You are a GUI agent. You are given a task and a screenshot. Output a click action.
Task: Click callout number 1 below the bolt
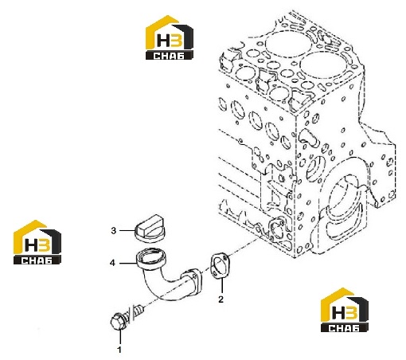[x=119, y=350]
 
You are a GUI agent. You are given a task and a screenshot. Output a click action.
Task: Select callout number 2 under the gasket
[x=221, y=299]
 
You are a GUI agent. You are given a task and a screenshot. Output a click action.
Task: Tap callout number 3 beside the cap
[x=114, y=230]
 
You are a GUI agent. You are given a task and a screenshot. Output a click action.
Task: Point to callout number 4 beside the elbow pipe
[x=112, y=263]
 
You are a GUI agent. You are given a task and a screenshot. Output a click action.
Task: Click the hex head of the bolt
[x=117, y=322]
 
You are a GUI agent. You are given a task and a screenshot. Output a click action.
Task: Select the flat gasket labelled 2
[x=220, y=267]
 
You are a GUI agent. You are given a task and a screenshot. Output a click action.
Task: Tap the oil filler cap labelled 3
[x=150, y=228]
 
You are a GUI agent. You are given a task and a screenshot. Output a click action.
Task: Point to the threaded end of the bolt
[x=139, y=310]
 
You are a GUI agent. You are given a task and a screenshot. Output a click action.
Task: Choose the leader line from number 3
[x=127, y=230]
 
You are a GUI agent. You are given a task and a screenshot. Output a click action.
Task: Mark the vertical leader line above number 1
[x=120, y=337]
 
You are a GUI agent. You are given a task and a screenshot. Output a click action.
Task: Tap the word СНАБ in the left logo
[x=37, y=260]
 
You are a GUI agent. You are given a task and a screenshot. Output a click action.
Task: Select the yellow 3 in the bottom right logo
[x=352, y=312]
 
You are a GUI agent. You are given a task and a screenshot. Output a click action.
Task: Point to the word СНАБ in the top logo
[x=169, y=56]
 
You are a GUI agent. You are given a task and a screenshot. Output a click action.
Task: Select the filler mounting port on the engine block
[x=276, y=228]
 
